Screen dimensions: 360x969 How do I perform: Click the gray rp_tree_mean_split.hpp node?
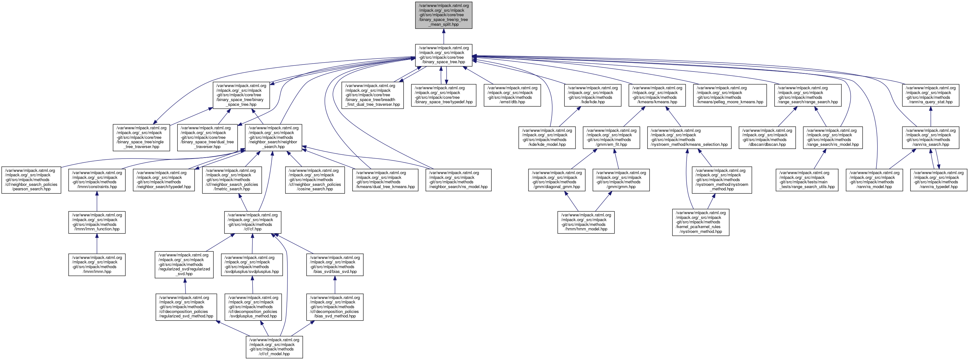coord(443,15)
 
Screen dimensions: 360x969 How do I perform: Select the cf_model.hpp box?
coord(274,347)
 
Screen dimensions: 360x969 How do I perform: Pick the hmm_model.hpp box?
coord(586,222)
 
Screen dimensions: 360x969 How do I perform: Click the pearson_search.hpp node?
coord(31,180)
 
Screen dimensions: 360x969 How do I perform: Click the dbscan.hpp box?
coord(767,137)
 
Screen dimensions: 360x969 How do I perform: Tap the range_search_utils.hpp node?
coord(807,180)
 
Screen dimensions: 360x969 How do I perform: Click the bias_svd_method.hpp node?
coord(335,307)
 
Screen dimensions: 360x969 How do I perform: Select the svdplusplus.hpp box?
coord(252,264)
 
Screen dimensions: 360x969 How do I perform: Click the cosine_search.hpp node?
coord(315,180)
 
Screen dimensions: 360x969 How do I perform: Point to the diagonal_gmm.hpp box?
coord(556,180)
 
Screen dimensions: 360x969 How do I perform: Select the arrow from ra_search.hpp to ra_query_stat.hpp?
coord(930,116)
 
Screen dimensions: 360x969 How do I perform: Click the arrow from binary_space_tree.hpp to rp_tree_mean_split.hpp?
coord(443,37)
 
